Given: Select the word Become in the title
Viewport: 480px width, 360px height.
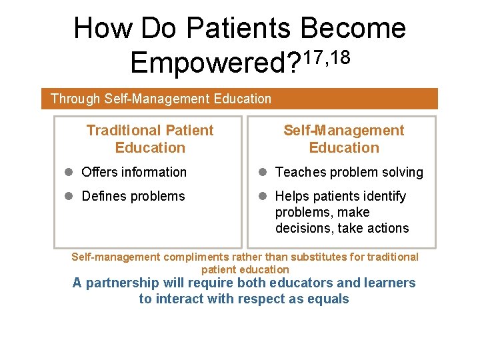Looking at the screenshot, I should [353, 28].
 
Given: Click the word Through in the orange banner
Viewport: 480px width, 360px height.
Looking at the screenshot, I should [75, 99].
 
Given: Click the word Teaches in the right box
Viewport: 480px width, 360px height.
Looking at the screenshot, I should [299, 172].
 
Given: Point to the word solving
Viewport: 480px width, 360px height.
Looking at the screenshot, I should [402, 172].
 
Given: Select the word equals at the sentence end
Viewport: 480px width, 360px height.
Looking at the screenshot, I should [327, 299].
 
